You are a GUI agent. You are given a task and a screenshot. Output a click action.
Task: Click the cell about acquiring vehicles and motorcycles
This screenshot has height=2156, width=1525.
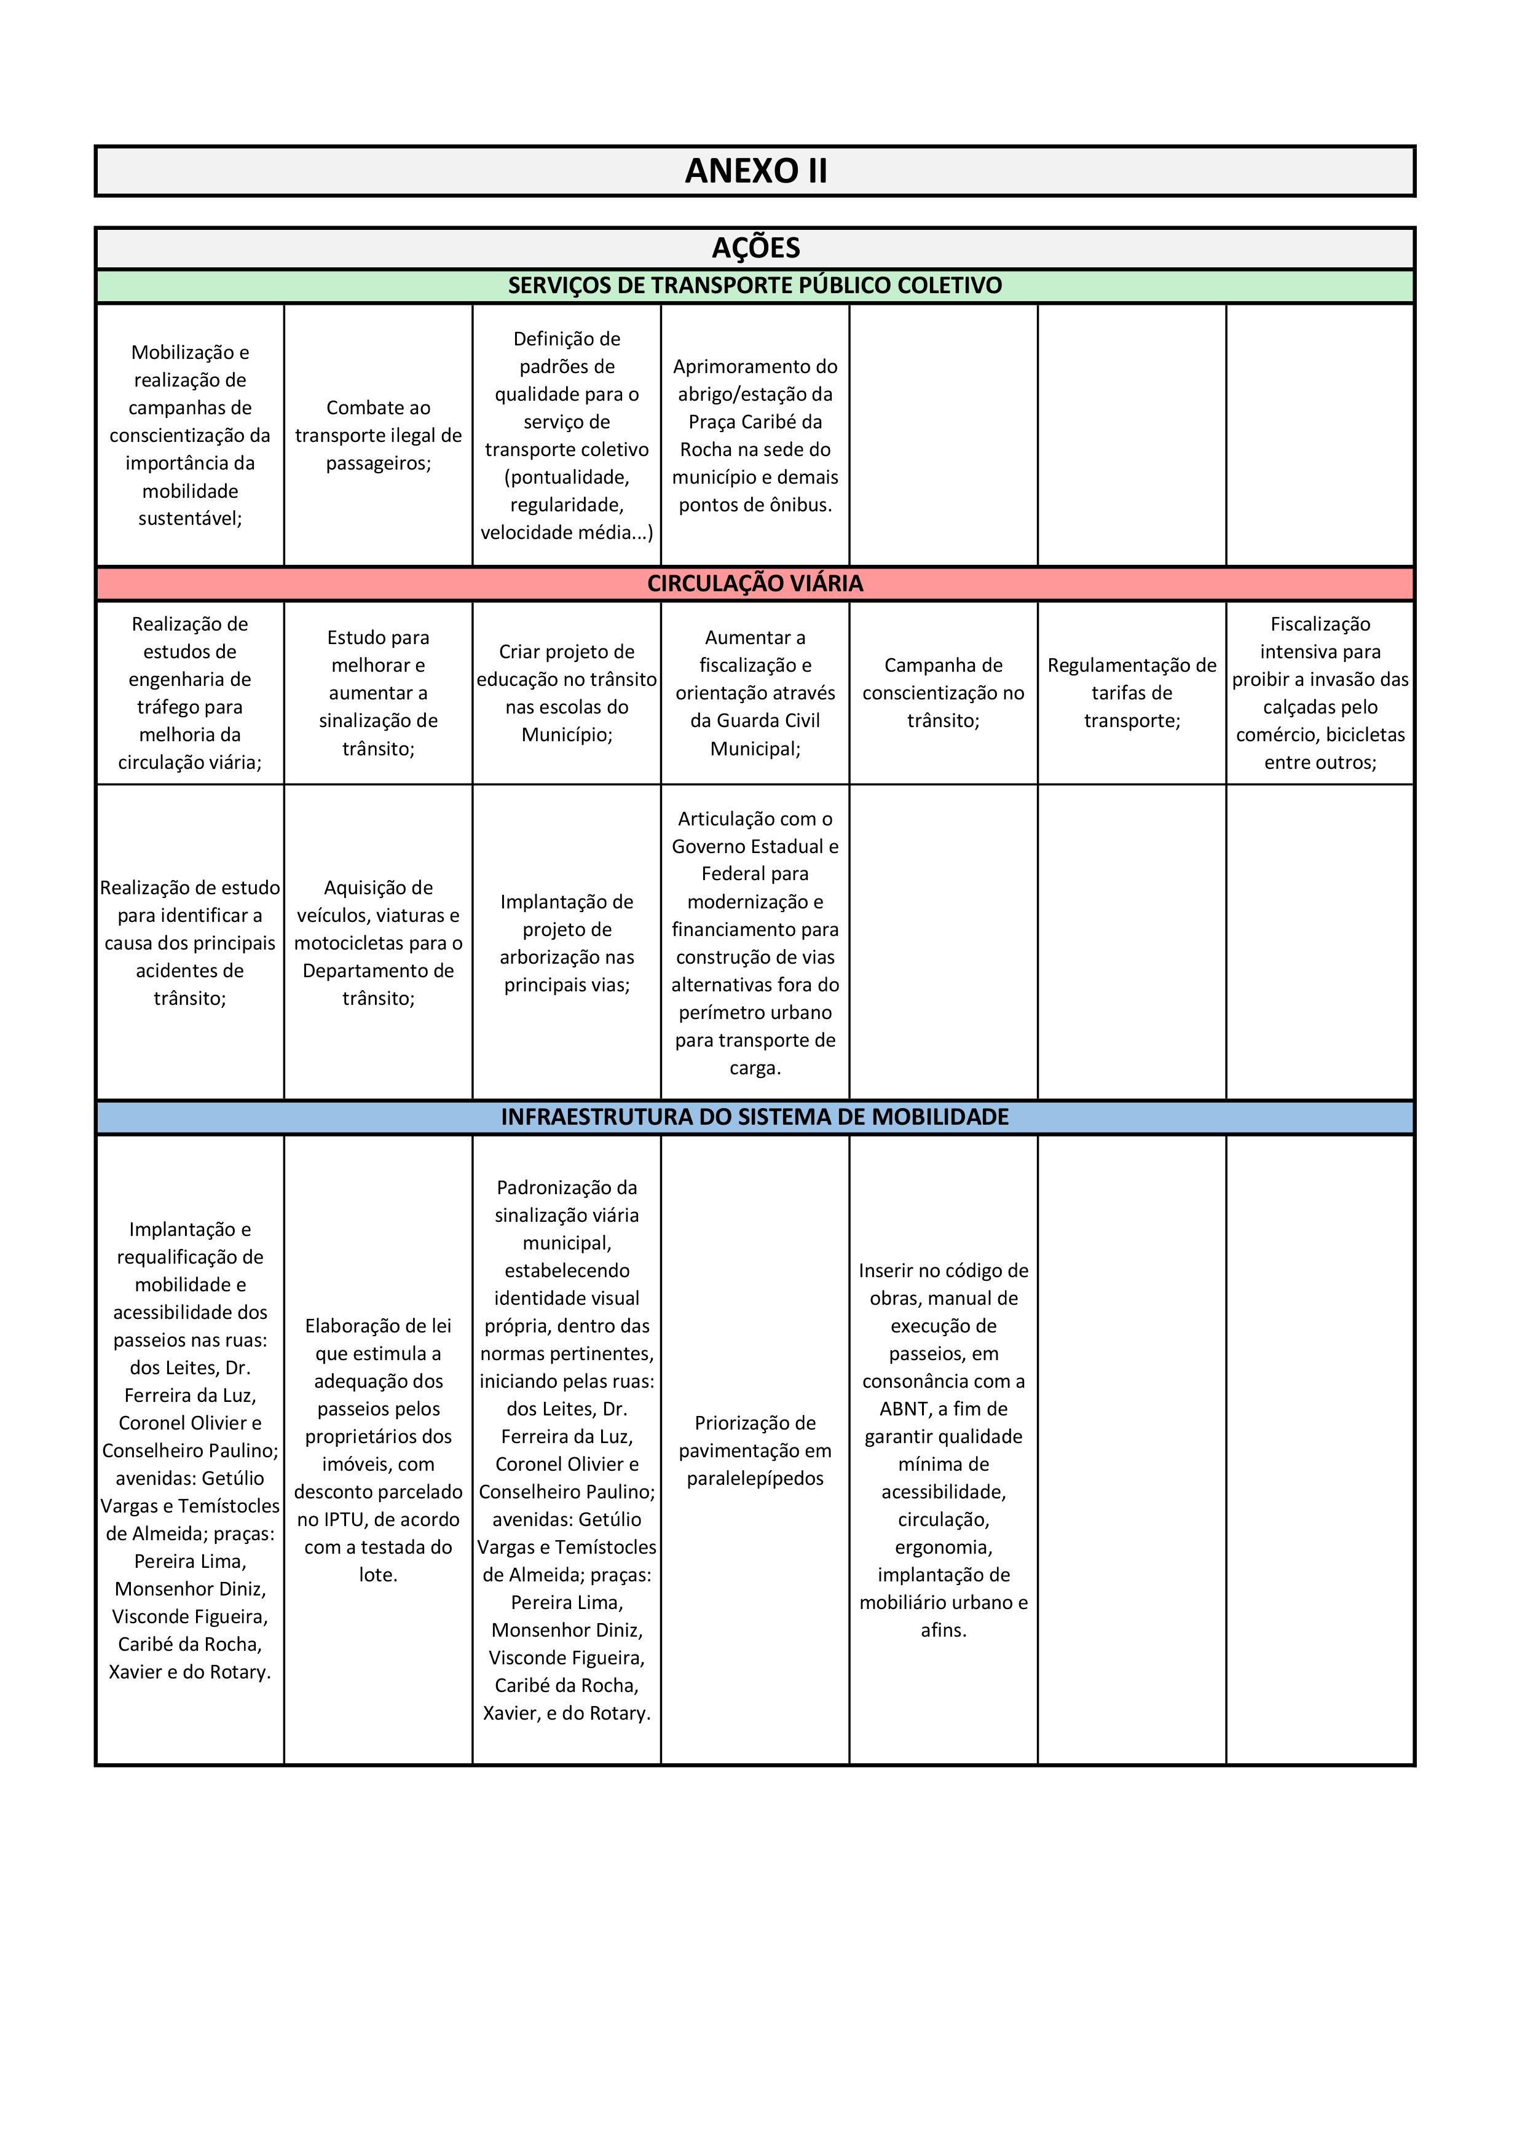click(x=379, y=943)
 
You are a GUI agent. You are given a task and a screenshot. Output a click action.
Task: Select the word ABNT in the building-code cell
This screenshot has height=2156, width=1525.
click(x=904, y=1409)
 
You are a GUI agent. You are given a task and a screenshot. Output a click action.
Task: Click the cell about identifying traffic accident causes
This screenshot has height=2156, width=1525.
click(x=190, y=943)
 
